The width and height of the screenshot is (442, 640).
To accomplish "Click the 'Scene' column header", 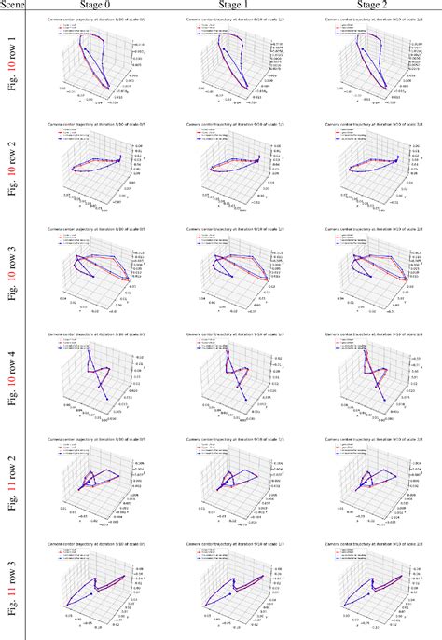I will tap(13, 6).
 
